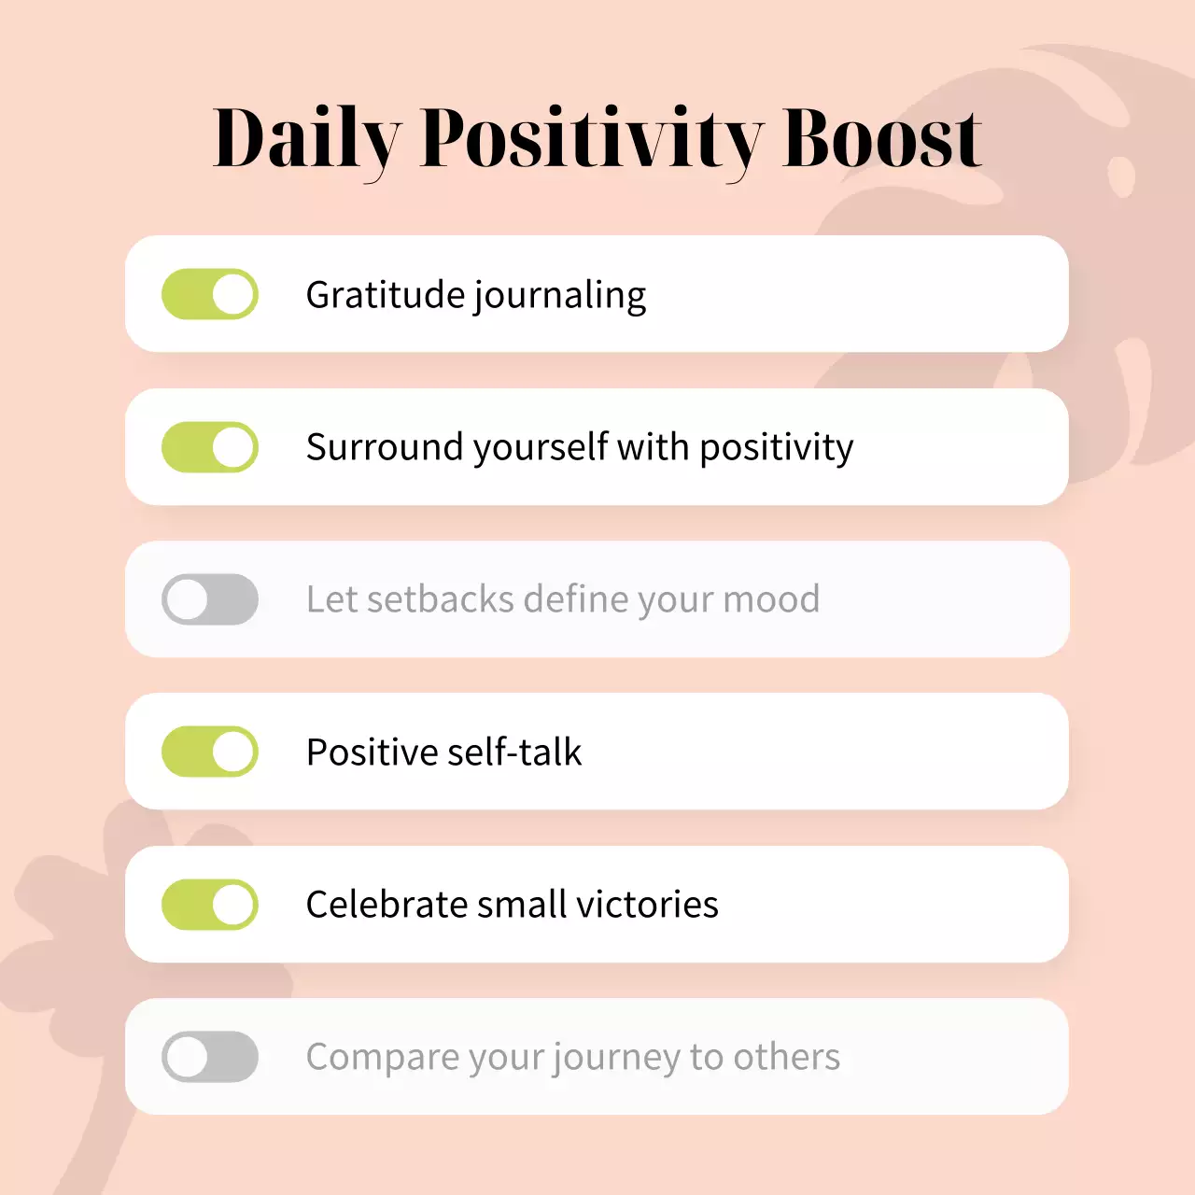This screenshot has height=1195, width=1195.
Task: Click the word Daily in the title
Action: pos(307,140)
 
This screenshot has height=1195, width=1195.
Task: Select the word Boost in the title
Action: pos(882,140)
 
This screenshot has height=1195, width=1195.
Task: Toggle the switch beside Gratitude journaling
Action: pos(210,294)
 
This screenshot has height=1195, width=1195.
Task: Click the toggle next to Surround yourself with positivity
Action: pos(210,447)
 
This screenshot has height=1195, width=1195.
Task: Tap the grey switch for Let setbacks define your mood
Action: pos(210,599)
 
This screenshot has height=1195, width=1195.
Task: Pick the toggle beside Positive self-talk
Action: pos(210,752)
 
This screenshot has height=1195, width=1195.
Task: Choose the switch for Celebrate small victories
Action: pos(210,905)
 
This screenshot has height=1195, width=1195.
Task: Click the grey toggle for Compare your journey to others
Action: pos(210,1057)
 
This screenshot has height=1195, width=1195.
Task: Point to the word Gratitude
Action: pos(386,295)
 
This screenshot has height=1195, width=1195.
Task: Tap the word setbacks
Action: pos(440,599)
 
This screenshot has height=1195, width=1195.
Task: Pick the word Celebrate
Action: pos(386,905)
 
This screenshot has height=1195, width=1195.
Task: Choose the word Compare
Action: pos(382,1058)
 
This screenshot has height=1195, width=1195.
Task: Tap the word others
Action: pos(786,1057)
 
